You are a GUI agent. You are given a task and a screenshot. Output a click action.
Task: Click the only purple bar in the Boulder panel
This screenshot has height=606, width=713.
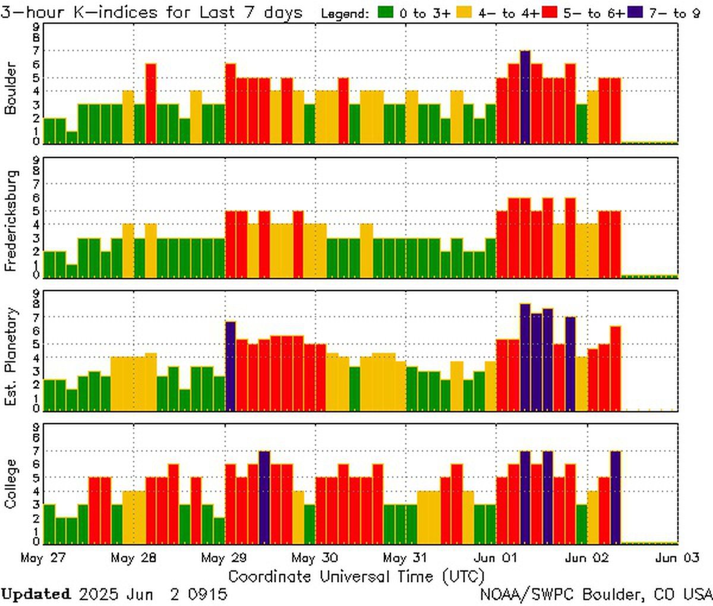click(x=525, y=97)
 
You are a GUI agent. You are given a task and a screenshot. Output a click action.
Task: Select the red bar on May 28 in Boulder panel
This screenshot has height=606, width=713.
click(x=151, y=104)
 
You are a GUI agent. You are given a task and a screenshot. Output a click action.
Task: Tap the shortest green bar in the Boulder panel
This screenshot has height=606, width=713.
click(x=72, y=137)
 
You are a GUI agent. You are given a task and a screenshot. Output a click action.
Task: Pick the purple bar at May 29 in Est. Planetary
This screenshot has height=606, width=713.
click(x=231, y=366)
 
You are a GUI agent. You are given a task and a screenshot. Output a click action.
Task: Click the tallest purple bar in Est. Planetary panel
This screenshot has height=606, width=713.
click(x=525, y=357)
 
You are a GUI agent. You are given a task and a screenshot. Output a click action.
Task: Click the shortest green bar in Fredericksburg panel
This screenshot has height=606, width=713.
click(x=72, y=271)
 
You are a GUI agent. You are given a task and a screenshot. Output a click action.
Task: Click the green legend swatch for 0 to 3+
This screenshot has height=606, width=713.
click(x=387, y=12)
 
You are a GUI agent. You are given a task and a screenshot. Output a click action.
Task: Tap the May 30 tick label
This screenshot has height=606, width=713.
click(x=315, y=558)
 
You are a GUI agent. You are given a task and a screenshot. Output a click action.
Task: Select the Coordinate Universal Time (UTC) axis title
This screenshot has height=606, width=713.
click(x=356, y=576)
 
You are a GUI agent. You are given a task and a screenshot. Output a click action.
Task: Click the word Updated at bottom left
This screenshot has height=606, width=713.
click(x=36, y=594)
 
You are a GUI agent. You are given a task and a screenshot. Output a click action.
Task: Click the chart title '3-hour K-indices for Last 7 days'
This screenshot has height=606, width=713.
click(x=152, y=12)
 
